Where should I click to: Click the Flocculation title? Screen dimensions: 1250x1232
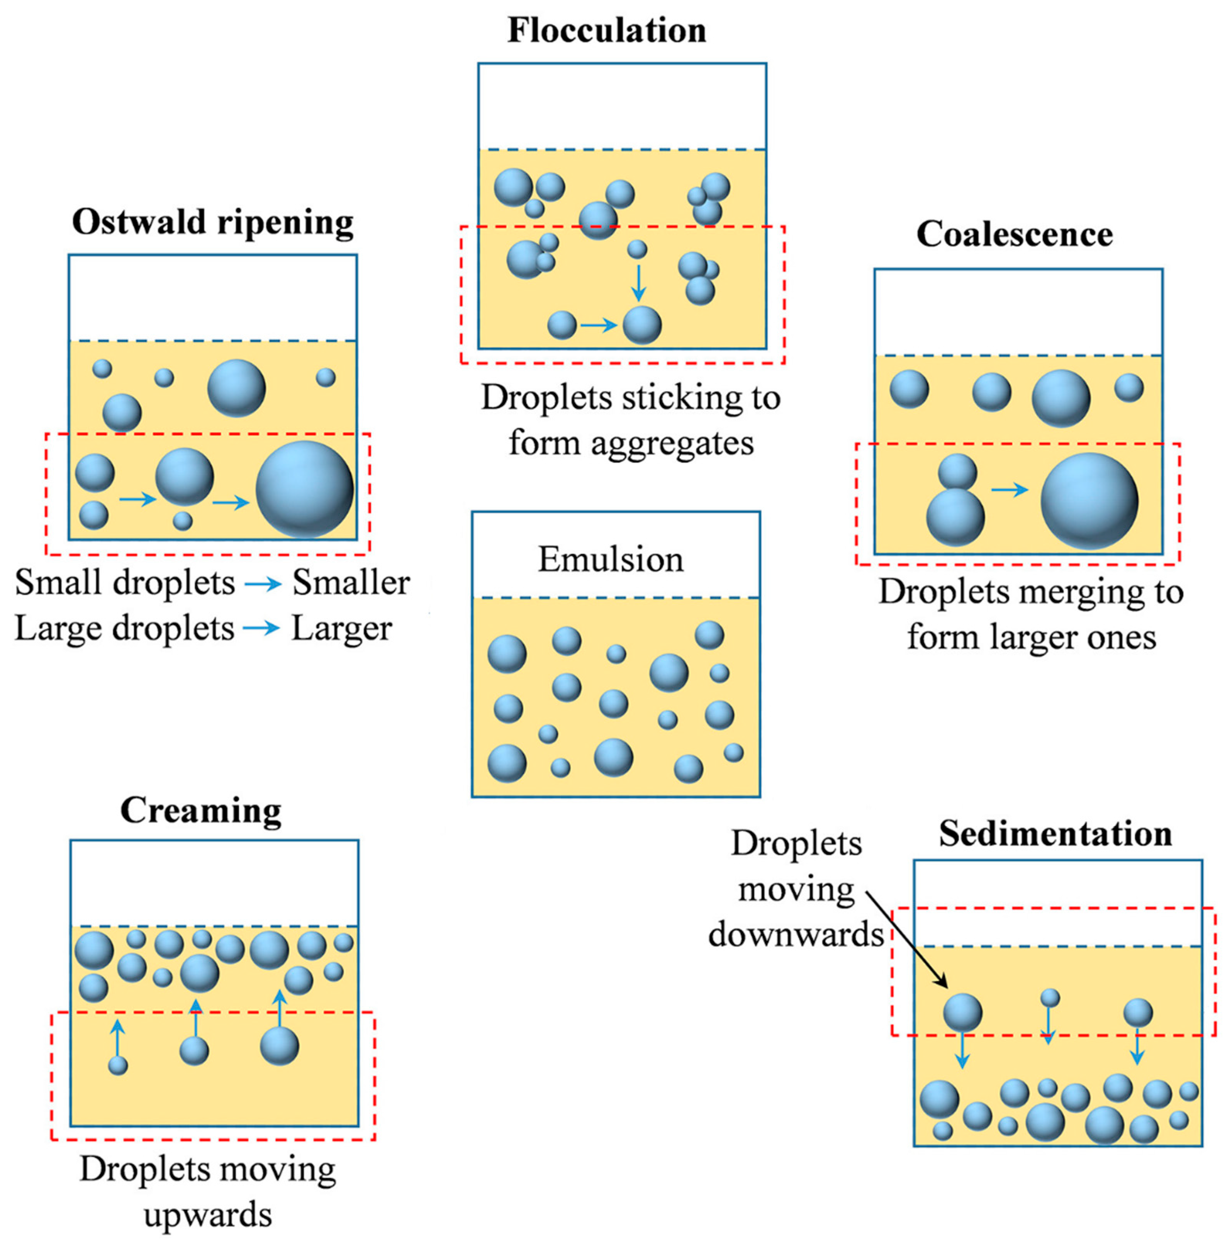pos(606,31)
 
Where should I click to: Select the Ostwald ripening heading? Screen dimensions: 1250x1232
pos(213,222)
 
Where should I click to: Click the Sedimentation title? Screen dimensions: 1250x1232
pos(1056,833)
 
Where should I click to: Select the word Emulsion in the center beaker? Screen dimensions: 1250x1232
pos(610,560)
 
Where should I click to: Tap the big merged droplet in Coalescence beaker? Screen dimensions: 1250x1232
pos(1089,501)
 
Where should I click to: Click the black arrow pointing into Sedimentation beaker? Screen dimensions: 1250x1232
pos(906,940)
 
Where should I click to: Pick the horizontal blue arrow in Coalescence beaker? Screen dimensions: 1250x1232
pos(1010,490)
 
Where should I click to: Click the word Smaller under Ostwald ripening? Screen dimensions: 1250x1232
pos(351,583)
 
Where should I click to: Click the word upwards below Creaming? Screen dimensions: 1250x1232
pos(208,1215)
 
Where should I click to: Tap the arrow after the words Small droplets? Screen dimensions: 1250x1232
pos(263,584)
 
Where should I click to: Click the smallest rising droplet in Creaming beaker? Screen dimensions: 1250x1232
pos(118,1065)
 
